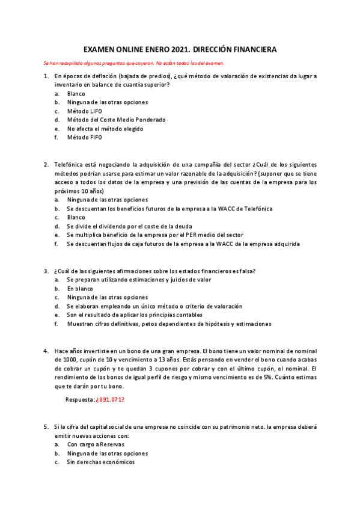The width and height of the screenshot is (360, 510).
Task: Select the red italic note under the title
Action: pos(134,63)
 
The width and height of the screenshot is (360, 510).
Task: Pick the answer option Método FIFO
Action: pos(85,137)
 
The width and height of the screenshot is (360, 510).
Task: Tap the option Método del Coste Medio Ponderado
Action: pos(116,120)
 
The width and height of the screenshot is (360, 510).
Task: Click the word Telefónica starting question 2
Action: pos(69,164)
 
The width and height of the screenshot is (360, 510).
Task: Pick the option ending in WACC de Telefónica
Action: pos(169,209)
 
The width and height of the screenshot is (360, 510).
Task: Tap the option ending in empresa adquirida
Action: pos(183,244)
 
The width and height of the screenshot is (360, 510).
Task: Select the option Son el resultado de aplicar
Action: pos(135,315)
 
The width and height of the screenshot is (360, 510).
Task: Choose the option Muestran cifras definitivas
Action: pos(169,324)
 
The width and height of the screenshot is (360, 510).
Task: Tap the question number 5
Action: pos(46,426)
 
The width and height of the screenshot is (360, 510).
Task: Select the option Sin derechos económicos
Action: pos(101,462)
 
